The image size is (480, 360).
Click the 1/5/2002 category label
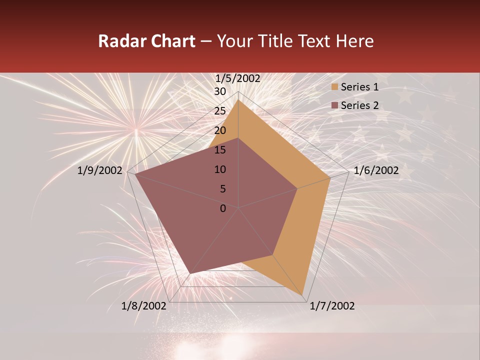(238, 78)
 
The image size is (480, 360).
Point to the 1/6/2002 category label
(376, 170)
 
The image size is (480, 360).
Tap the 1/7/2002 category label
(332, 306)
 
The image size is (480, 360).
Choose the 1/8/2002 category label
(144, 306)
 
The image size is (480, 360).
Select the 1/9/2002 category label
(100, 170)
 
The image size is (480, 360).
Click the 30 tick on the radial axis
(220, 91)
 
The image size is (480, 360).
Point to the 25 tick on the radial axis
(220, 111)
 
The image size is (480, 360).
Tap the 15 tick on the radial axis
(220, 150)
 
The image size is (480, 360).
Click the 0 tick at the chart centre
(223, 208)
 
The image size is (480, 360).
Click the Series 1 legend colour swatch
(334, 87)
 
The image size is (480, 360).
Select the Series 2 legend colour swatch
(334, 105)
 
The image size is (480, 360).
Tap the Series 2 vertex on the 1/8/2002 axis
(190, 273)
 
